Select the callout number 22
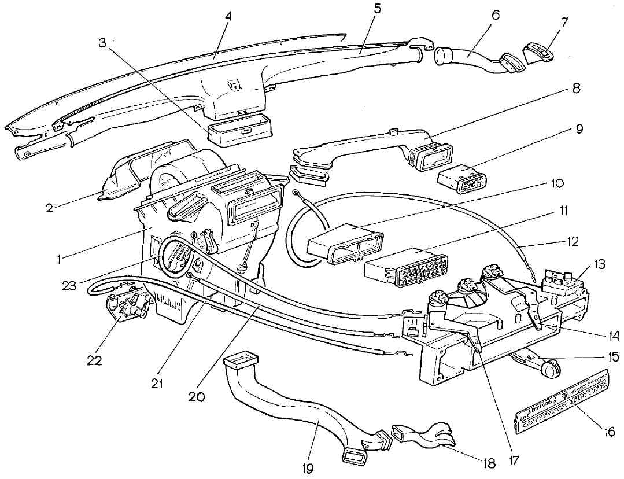[94, 360]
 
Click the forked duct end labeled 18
[418, 437]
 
